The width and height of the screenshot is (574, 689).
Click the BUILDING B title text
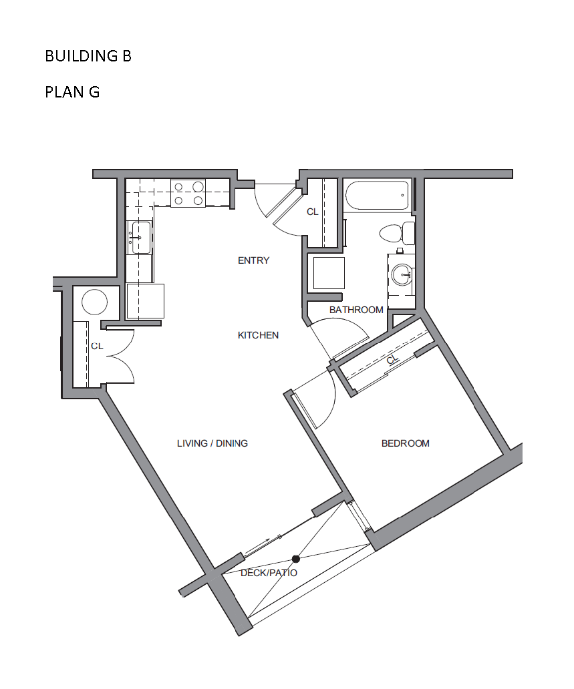[88, 56]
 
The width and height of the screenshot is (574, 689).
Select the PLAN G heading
[72, 92]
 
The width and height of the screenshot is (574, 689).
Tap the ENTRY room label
[253, 260]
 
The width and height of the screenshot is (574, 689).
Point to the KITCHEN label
[258, 335]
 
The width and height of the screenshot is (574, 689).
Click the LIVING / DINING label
[212, 443]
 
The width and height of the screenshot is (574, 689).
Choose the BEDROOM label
[406, 443]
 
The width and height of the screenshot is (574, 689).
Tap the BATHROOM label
[356, 310]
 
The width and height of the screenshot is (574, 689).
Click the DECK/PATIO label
[269, 573]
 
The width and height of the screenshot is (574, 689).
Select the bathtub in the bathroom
[378, 196]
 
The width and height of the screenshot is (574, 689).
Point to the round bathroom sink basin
[402, 274]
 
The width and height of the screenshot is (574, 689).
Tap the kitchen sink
[140, 238]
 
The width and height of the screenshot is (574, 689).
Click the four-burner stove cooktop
[188, 194]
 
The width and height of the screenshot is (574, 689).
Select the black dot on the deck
[296, 559]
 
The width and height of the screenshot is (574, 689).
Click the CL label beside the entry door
[312, 212]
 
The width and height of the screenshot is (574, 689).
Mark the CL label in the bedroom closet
[393, 360]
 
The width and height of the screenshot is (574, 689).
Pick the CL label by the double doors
[97, 347]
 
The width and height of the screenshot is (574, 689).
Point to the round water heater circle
[95, 302]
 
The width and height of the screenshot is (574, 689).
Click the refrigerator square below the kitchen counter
[145, 301]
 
